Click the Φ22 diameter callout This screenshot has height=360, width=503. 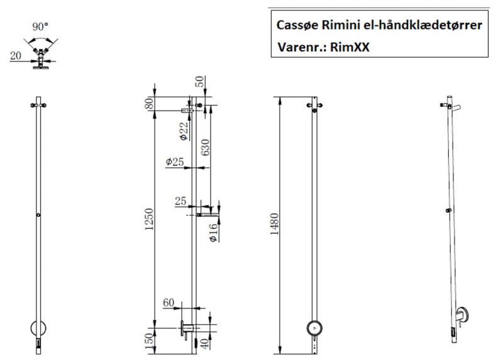[182, 128]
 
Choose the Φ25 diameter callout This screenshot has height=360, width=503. [175, 162]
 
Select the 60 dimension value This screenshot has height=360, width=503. [169, 303]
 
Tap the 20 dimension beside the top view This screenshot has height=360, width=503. [15, 56]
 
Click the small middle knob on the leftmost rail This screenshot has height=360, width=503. [39, 215]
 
